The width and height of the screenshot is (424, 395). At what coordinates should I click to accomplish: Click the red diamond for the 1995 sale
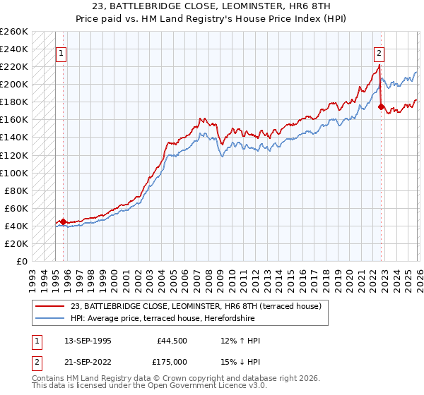[63, 221]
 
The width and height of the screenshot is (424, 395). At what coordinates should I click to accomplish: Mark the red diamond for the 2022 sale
[381, 107]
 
